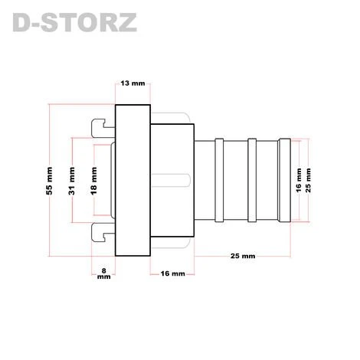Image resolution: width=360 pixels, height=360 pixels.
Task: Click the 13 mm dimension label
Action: (133, 83)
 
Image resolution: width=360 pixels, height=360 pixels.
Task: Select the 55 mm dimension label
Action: (51, 180)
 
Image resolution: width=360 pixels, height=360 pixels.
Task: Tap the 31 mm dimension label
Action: (73, 181)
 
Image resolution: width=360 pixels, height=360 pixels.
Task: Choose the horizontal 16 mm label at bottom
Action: (172, 273)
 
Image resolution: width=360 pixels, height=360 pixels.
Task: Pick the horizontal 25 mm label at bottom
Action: (243, 255)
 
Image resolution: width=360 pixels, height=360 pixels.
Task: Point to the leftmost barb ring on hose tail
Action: (220, 180)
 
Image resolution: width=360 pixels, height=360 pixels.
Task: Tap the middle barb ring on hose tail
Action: (252, 180)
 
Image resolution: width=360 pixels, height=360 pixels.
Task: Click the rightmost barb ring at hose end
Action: (285, 180)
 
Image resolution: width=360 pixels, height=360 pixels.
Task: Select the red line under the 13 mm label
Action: (133, 93)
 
